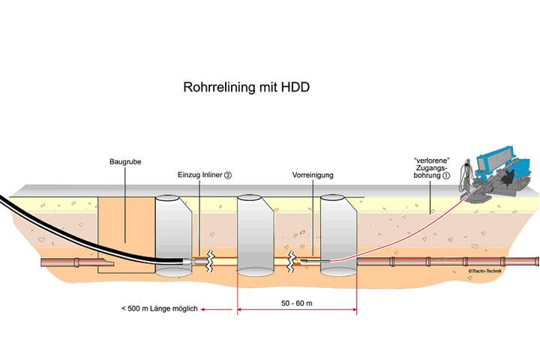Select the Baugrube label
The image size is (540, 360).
(x=125, y=161)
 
